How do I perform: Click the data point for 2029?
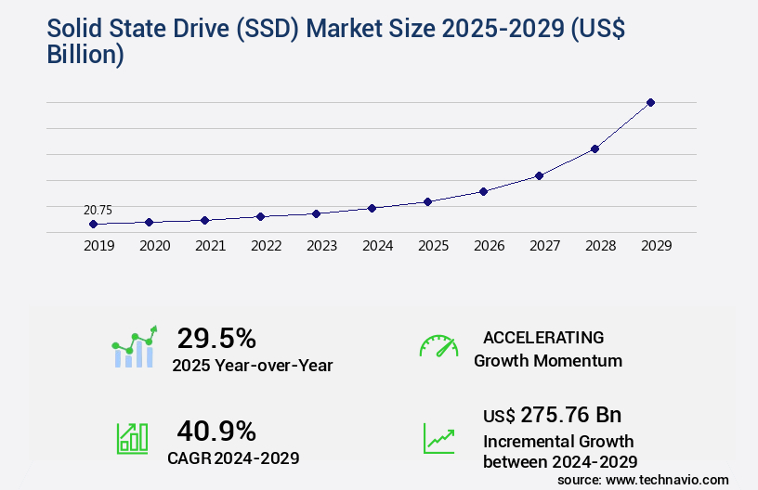click(x=650, y=102)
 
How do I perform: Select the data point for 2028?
click(x=595, y=148)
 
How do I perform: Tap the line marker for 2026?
click(x=483, y=191)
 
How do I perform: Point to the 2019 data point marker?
click(x=93, y=224)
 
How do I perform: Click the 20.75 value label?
click(x=98, y=210)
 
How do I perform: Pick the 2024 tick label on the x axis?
click(x=377, y=246)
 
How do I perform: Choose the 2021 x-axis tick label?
click(x=210, y=246)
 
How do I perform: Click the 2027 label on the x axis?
click(x=544, y=246)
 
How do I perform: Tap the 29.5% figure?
click(x=216, y=338)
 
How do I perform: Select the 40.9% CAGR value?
click(x=216, y=431)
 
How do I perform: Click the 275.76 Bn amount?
click(x=570, y=414)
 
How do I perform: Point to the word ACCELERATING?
click(x=543, y=338)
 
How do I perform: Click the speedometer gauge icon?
click(x=438, y=346)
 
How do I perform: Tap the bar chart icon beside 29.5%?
click(x=135, y=347)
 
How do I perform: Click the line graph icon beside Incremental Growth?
click(x=438, y=439)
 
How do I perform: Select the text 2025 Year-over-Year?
click(x=252, y=365)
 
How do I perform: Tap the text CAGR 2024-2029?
click(x=233, y=458)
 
